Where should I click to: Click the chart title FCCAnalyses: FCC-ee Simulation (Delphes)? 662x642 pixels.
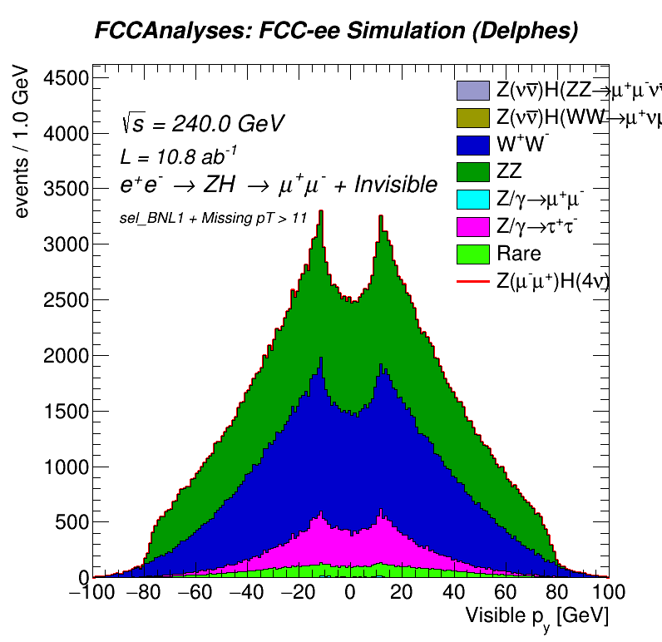[335, 32]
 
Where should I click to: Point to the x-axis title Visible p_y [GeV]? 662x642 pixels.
[536, 616]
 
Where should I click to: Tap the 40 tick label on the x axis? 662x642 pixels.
[454, 593]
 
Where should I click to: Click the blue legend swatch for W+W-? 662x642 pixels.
[473, 145]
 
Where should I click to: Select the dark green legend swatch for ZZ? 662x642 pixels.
[473, 172]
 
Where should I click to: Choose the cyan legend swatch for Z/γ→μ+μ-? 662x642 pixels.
[473, 200]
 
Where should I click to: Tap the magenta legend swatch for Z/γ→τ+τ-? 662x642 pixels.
[473, 227]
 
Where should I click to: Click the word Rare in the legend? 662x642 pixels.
[518, 254]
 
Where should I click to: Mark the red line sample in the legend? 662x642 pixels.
[473, 282]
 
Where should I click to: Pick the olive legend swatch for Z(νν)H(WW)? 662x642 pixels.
[473, 117]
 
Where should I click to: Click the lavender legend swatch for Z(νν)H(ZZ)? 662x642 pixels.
[473, 90]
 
